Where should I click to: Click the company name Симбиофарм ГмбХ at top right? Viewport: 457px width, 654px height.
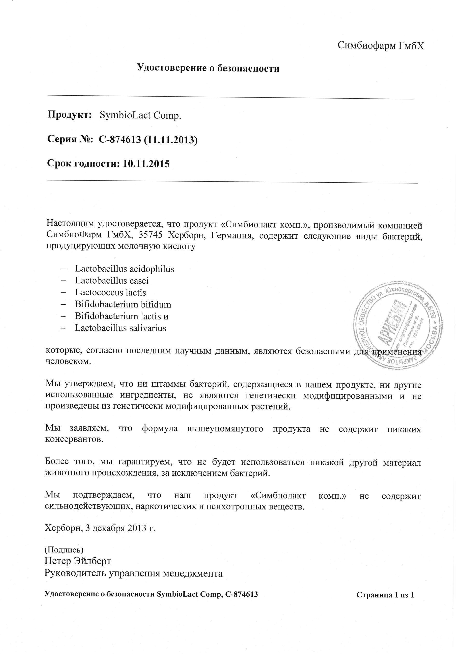[x=381, y=45]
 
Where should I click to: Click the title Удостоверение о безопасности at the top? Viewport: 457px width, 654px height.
[x=208, y=68]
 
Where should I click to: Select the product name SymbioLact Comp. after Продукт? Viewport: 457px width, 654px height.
[x=141, y=115]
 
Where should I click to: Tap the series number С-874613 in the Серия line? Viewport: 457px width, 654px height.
[x=120, y=139]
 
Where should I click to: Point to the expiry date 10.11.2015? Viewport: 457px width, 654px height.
[x=146, y=164]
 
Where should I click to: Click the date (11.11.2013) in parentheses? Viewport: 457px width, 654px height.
[x=171, y=139]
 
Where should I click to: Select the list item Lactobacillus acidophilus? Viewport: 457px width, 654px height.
[x=125, y=269]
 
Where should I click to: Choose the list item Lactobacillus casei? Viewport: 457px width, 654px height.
[x=112, y=281]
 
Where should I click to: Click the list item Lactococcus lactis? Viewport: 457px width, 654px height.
[x=111, y=292]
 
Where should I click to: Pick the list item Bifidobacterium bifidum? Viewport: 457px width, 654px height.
[x=123, y=305]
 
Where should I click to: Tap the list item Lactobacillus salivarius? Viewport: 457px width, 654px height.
[x=120, y=328]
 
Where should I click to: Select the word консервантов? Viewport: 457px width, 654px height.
[x=74, y=439]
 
